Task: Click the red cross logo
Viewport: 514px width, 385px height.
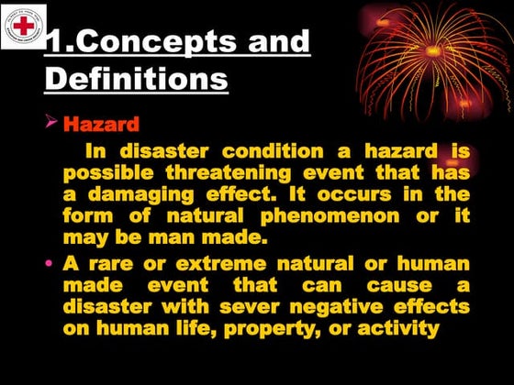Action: coord(24,25)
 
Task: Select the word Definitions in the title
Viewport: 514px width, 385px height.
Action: coord(136,79)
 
